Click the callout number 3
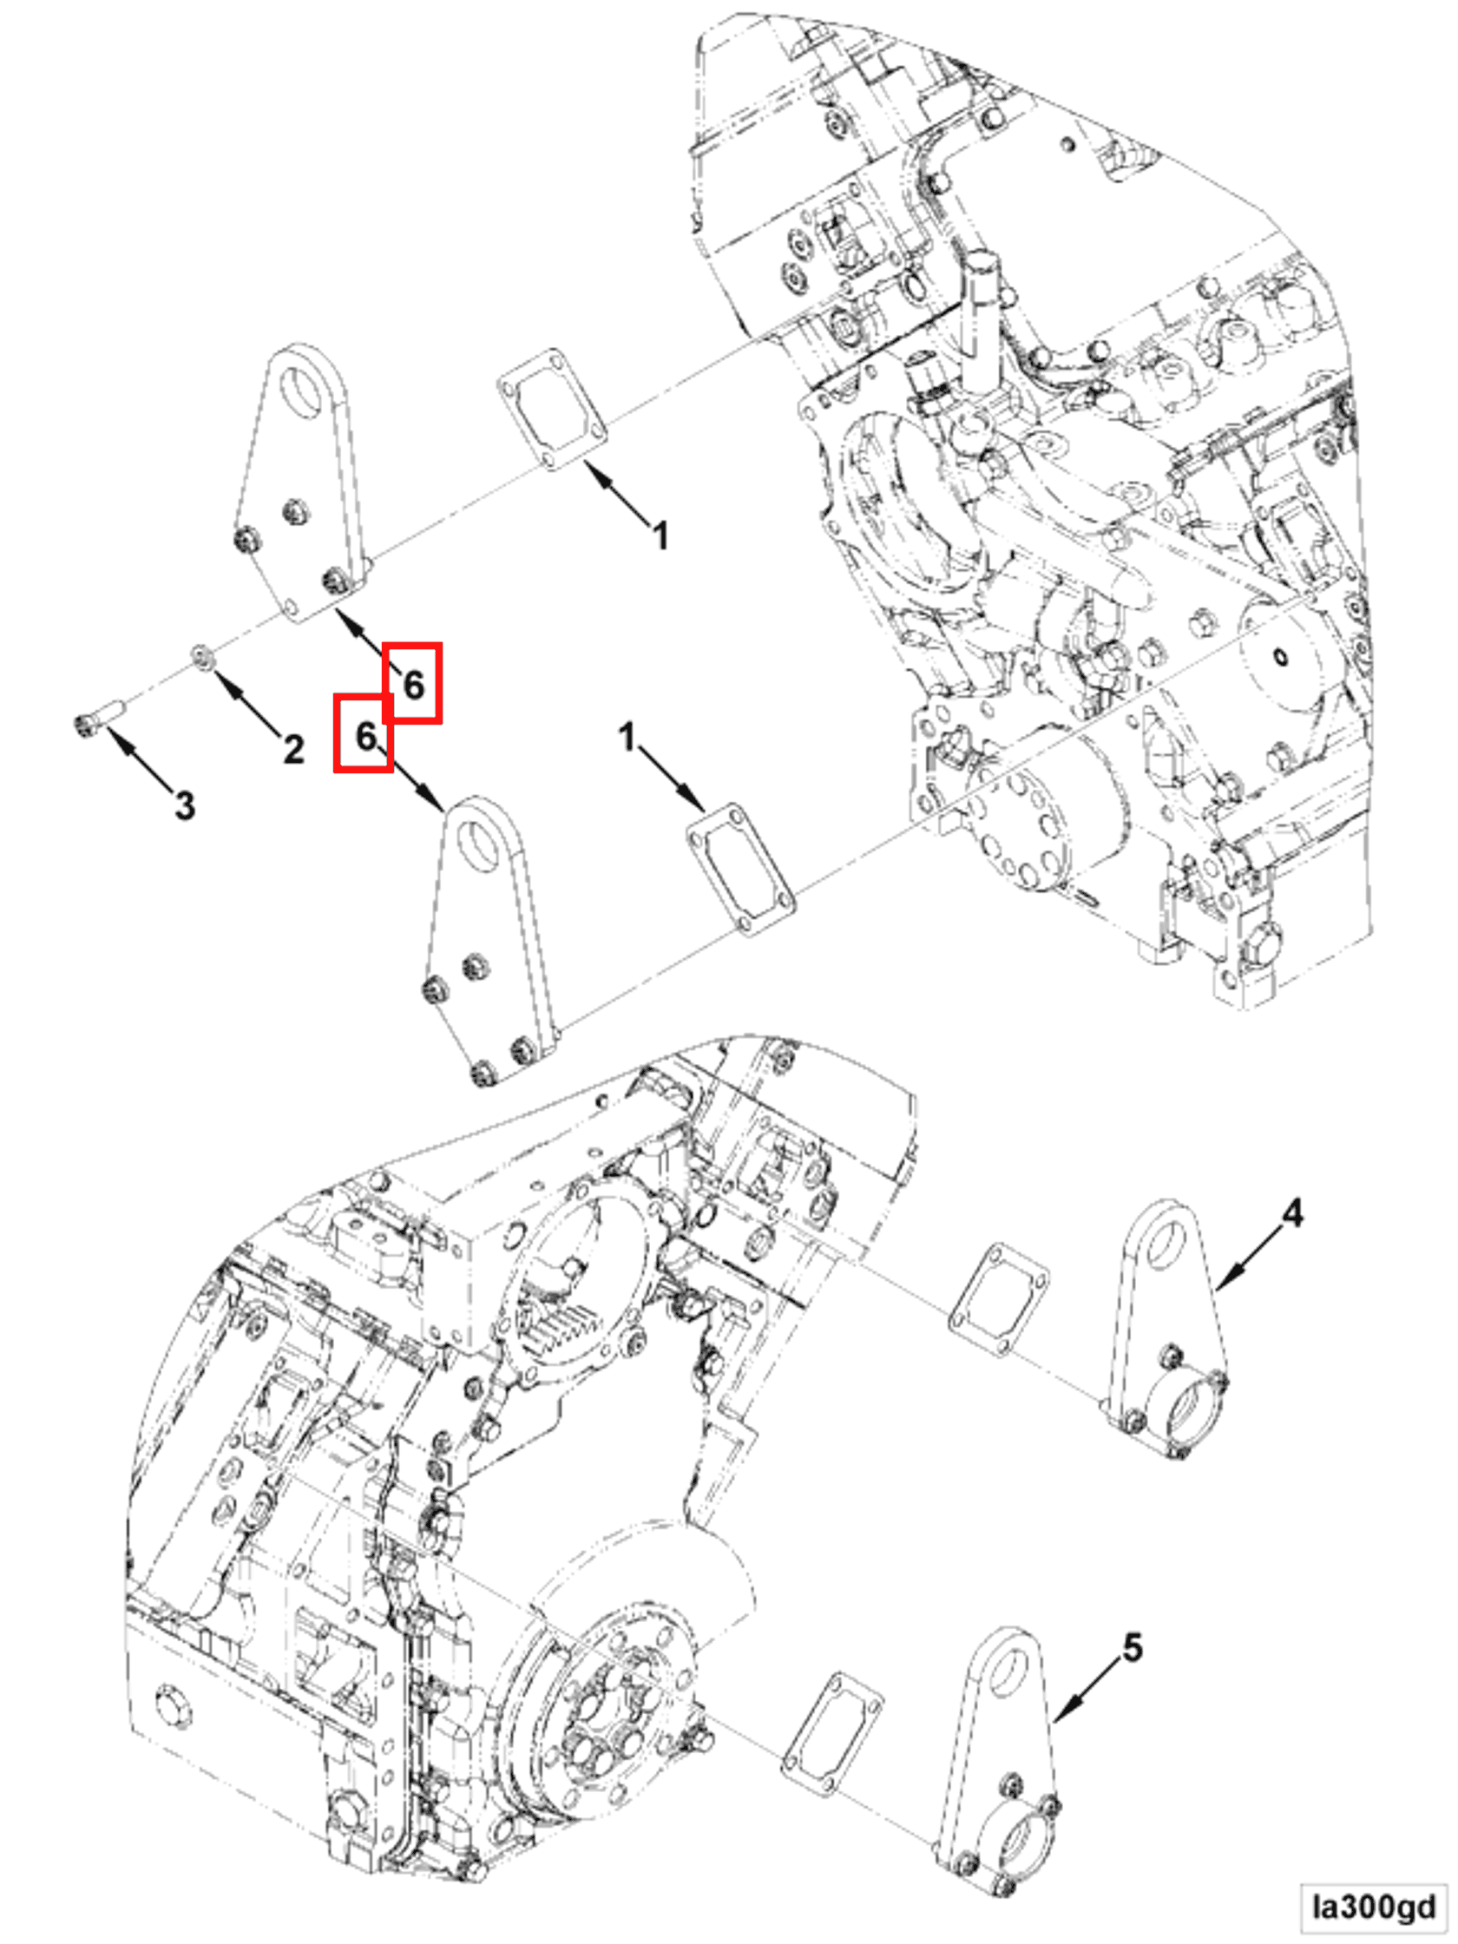(x=184, y=805)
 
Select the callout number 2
(x=293, y=749)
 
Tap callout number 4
(x=1292, y=1213)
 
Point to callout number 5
(x=1133, y=1648)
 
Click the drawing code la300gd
(x=1374, y=1906)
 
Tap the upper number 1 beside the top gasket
(x=661, y=535)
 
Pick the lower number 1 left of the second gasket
(x=627, y=737)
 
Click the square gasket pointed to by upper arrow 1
(x=552, y=409)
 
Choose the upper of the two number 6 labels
(x=413, y=684)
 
